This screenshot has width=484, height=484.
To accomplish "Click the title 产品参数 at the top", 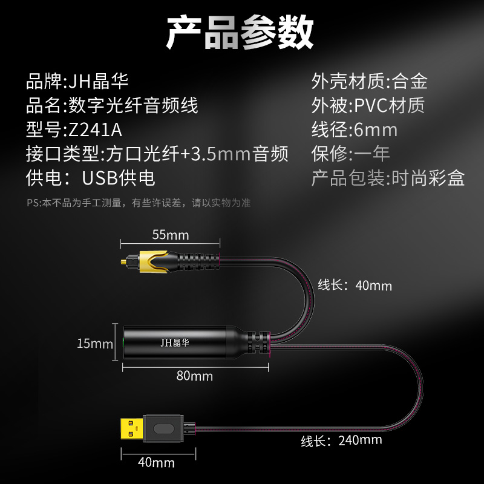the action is (240, 32).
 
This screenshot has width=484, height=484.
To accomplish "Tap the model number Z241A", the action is (96, 130).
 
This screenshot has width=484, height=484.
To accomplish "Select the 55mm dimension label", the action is (171, 235).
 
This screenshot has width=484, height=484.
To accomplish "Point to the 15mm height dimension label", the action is (95, 343).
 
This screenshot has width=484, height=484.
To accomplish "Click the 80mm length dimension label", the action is (194, 376).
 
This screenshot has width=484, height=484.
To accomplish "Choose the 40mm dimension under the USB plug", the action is (156, 462).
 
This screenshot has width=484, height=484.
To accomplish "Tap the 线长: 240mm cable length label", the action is (341, 440).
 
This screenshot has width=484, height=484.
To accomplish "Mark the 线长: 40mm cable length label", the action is (355, 285).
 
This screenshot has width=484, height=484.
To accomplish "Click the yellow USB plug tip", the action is (132, 429).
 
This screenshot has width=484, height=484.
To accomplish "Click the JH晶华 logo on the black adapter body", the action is (174, 342).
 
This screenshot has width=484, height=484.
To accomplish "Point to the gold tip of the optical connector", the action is (123, 263).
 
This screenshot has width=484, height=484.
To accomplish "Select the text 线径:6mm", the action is (355, 129).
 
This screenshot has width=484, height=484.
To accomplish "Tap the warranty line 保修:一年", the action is (350, 154).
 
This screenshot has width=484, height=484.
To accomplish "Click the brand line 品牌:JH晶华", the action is (77, 82).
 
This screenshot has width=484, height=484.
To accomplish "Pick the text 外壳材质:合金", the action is (369, 82).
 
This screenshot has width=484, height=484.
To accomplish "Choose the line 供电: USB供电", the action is (90, 178).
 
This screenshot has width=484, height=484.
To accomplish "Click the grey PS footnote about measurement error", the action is (139, 203).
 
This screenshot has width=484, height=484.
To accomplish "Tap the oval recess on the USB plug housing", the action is (163, 429).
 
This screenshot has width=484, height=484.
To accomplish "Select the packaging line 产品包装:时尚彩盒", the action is (388, 178).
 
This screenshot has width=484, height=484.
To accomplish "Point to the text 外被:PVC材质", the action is (368, 105).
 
